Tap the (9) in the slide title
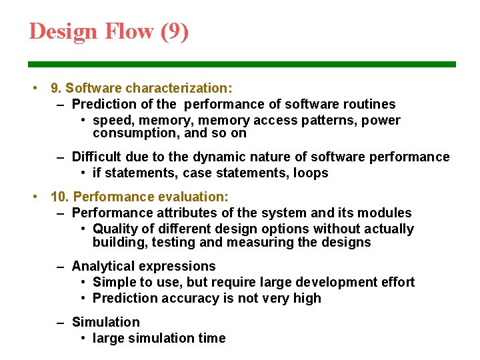175,31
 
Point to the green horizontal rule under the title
242,65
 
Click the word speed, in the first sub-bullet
113,121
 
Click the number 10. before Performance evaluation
61,197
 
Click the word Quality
115,229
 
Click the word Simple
113,283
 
